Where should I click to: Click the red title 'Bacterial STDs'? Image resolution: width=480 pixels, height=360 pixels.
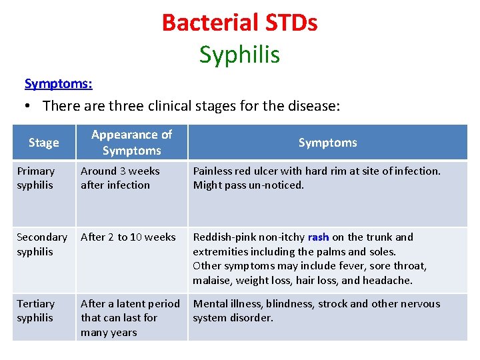239,23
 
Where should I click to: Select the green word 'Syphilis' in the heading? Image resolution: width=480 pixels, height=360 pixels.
239,55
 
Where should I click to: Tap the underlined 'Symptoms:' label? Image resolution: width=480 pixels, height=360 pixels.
58,83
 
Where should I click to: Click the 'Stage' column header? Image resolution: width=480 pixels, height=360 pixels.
44,143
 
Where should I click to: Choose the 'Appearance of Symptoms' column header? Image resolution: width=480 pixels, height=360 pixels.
131,143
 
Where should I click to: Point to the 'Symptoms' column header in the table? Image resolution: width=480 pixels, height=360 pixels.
327,143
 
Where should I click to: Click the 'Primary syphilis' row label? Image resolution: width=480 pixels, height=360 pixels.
35,178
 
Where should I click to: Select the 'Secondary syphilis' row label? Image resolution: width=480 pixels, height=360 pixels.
41,244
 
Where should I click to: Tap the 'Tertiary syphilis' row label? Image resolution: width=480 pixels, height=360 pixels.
35,311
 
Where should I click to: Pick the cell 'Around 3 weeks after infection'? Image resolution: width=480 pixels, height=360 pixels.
120,178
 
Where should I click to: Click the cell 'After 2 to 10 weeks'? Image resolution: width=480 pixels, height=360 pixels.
128,237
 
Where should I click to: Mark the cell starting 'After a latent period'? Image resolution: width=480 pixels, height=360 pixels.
130,318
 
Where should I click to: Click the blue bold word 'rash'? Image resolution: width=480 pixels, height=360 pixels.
318,237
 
